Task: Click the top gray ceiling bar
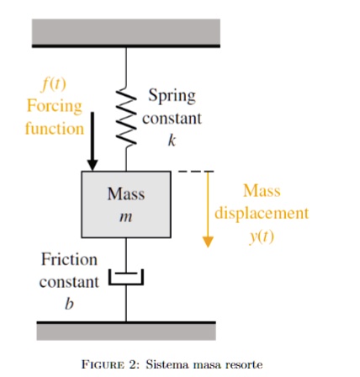click(x=126, y=33)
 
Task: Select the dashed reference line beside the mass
click(x=196, y=172)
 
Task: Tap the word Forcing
click(x=54, y=107)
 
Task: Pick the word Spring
click(x=172, y=96)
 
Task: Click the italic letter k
click(x=172, y=140)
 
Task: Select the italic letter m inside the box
click(x=126, y=217)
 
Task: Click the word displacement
click(x=262, y=213)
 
